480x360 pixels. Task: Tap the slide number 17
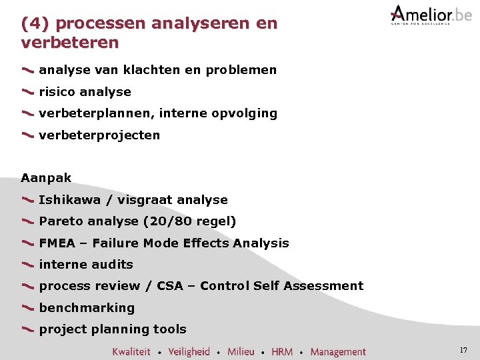click(463, 350)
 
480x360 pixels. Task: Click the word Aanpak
click(46, 178)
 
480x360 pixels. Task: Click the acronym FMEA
click(57, 243)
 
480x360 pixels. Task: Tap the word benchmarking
click(87, 308)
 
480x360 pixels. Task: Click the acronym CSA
click(170, 286)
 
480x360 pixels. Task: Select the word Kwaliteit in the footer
click(131, 351)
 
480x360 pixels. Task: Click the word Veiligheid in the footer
click(189, 351)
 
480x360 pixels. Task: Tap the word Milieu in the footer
click(241, 351)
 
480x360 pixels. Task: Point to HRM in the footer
click(282, 351)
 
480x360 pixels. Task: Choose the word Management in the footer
click(338, 351)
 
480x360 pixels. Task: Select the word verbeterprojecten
click(99, 135)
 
